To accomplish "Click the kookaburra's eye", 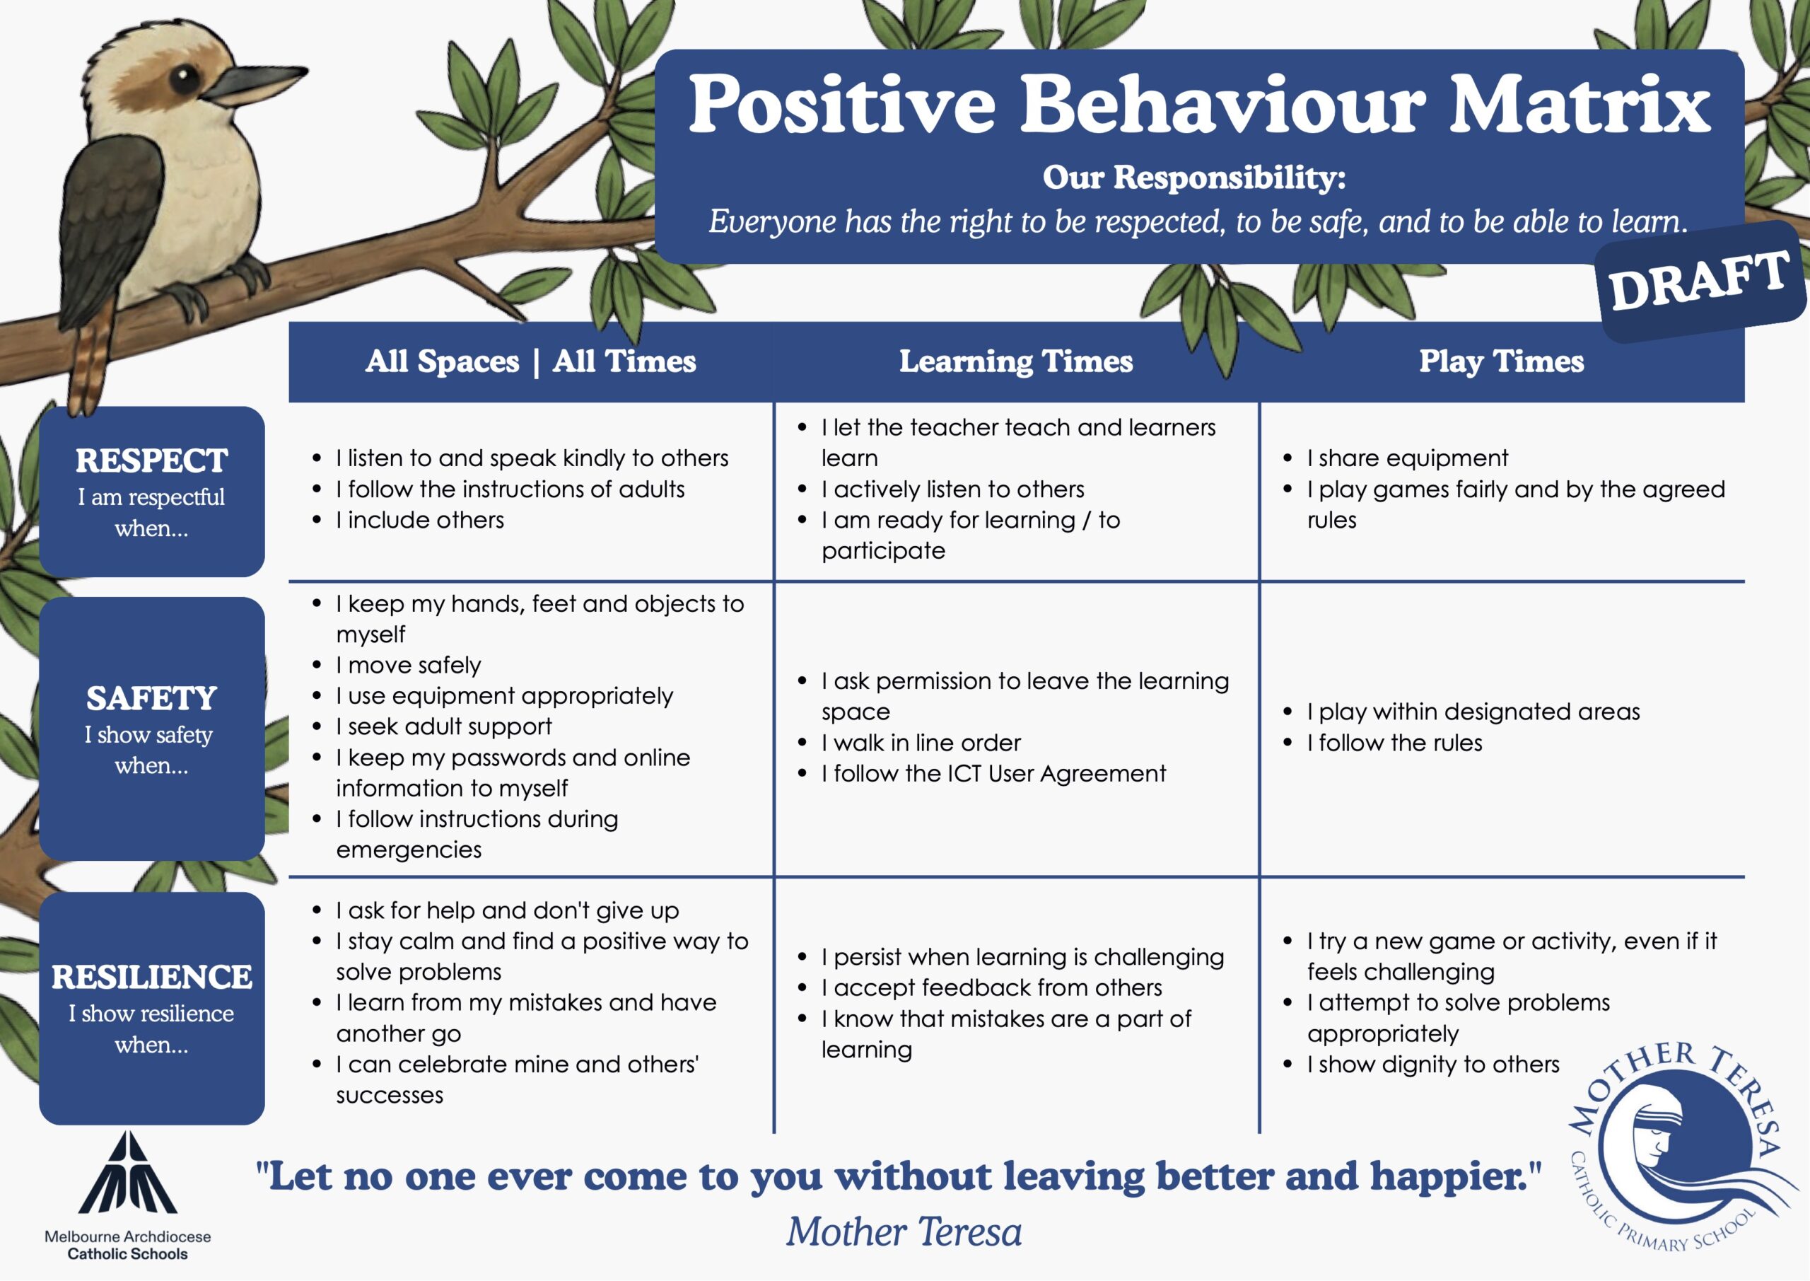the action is click(x=186, y=77).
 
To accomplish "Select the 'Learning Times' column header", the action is click(x=1016, y=361).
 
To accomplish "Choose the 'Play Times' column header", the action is click(x=1502, y=361).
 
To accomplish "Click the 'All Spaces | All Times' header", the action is click(x=530, y=361).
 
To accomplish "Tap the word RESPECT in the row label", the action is click(x=151, y=460).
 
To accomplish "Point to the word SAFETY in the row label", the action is click(x=151, y=698).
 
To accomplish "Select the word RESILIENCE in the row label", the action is click(x=151, y=977).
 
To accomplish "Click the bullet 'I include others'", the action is click(x=419, y=520).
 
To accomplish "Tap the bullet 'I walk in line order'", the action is click(x=921, y=742).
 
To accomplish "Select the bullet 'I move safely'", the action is click(x=407, y=665).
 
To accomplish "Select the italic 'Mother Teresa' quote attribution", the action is click(x=904, y=1232).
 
